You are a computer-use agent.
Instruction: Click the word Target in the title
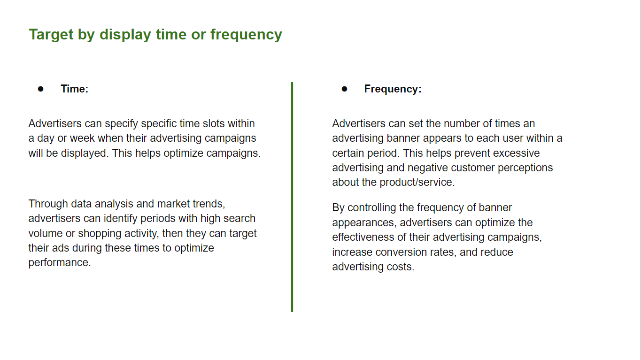51,35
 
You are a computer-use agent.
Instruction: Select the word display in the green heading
125,35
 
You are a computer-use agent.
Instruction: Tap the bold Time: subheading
74,89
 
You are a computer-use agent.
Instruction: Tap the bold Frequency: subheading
393,89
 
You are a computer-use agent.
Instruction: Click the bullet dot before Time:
41,89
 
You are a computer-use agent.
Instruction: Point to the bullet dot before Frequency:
344,89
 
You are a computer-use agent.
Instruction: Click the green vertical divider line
292,197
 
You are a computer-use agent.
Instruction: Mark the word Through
48,204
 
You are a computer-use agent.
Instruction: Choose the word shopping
100,234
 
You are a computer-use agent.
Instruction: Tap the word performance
60,263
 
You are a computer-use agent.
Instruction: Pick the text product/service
417,183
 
